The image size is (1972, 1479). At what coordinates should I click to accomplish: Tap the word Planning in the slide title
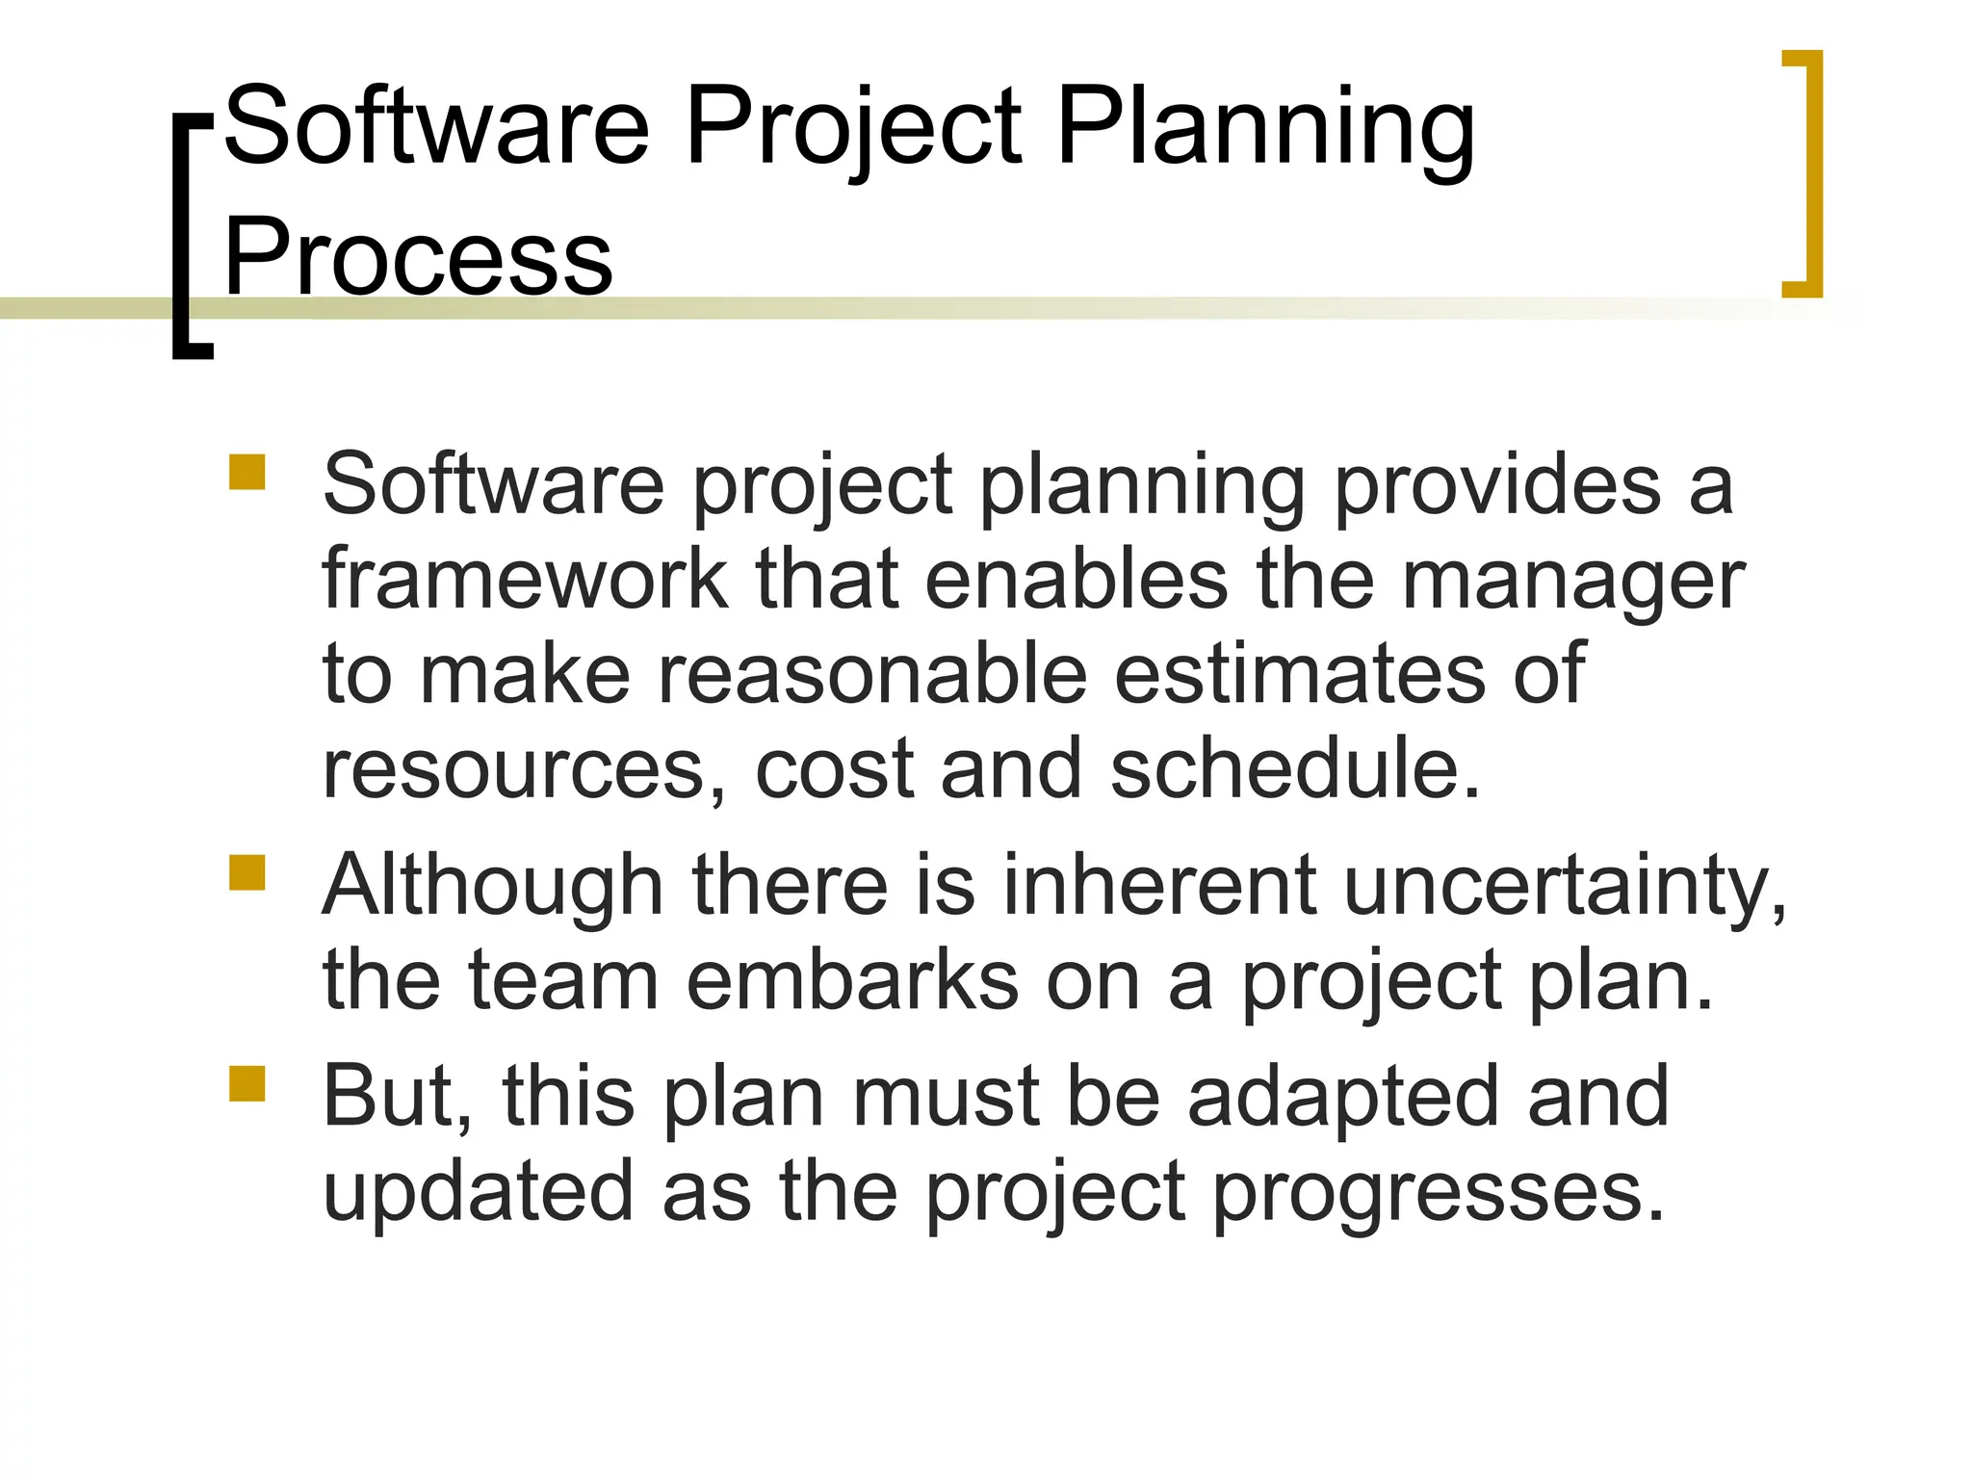point(1264,128)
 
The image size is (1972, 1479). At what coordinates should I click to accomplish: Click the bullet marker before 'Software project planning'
point(247,473)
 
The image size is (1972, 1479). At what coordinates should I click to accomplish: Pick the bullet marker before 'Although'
point(247,873)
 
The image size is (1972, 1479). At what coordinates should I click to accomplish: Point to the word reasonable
point(872,674)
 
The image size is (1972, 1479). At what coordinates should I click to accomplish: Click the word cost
point(834,769)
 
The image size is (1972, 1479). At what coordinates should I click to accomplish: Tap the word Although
point(493,886)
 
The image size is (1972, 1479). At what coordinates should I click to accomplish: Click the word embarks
point(852,980)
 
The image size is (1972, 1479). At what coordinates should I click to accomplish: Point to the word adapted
point(1343,1098)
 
